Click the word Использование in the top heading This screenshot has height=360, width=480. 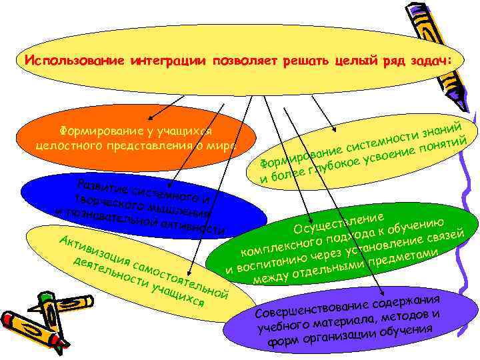63,61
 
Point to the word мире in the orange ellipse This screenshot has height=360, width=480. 221,146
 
